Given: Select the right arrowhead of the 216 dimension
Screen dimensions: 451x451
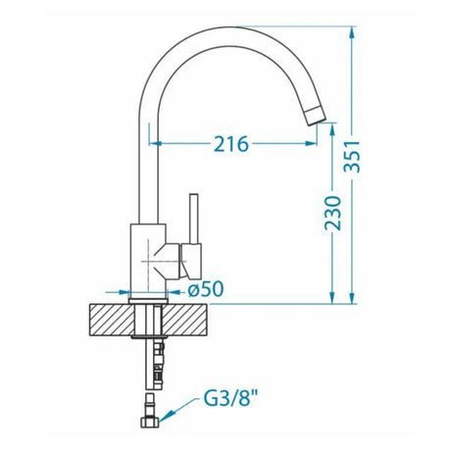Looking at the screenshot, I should (311, 144).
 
